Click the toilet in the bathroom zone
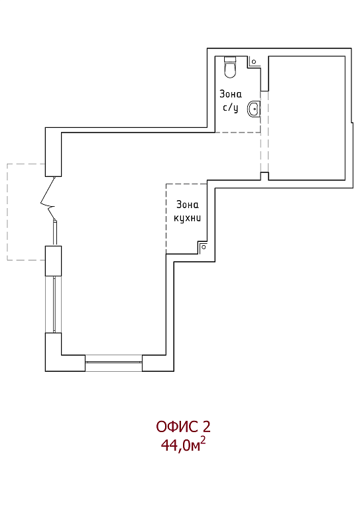coord(230,67)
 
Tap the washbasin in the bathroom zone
coord(253,109)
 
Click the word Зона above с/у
coord(231,94)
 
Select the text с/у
coord(231,107)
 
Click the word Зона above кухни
coord(188,205)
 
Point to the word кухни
coord(188,218)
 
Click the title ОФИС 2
coord(183,427)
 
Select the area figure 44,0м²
coord(183,445)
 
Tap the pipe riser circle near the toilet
coord(254,62)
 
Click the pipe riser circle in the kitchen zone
coord(204,247)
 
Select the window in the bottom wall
coord(113,363)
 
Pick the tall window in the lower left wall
coord(53,304)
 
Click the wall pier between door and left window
coord(53,261)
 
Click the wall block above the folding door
coord(53,152)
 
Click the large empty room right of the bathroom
coord(307,118)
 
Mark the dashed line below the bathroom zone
coord(237,133)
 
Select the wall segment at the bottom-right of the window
coord(158,363)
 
